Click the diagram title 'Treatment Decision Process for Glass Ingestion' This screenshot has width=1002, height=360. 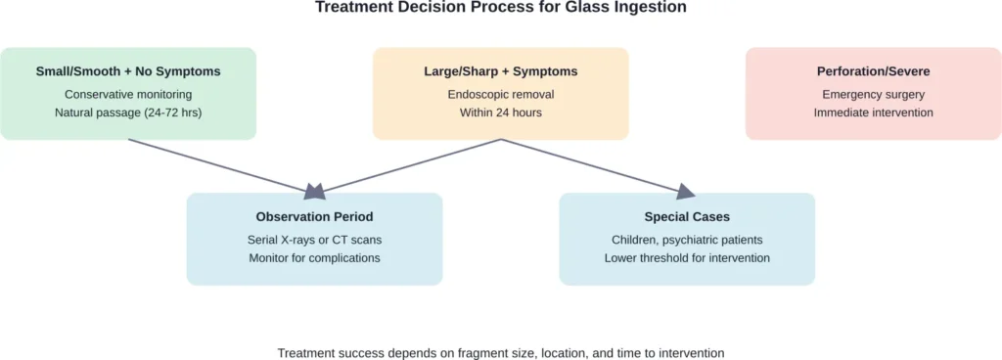(x=500, y=8)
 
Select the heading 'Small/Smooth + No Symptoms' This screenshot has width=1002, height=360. (x=128, y=71)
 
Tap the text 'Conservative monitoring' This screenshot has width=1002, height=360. (x=128, y=94)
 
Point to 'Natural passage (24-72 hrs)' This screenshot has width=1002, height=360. (x=128, y=112)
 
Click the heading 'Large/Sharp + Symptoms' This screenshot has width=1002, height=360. (x=500, y=71)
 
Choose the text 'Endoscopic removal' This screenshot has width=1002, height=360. (x=500, y=94)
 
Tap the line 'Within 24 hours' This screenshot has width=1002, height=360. (x=500, y=112)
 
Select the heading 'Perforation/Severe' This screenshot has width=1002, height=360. (x=873, y=71)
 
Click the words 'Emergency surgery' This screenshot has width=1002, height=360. (x=873, y=94)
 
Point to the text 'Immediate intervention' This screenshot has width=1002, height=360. (x=873, y=112)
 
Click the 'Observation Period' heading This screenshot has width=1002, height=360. (x=314, y=216)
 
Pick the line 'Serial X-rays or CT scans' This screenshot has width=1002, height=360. (x=314, y=239)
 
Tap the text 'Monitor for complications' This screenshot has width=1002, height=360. (x=314, y=257)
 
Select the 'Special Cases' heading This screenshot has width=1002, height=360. (x=687, y=216)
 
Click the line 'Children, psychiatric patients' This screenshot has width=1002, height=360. (x=687, y=239)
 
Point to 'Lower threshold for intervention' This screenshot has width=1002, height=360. (x=687, y=257)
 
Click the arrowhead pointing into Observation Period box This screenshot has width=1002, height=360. (x=315, y=189)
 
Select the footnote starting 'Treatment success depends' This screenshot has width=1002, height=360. (x=500, y=352)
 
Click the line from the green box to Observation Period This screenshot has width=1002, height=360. (x=215, y=163)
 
